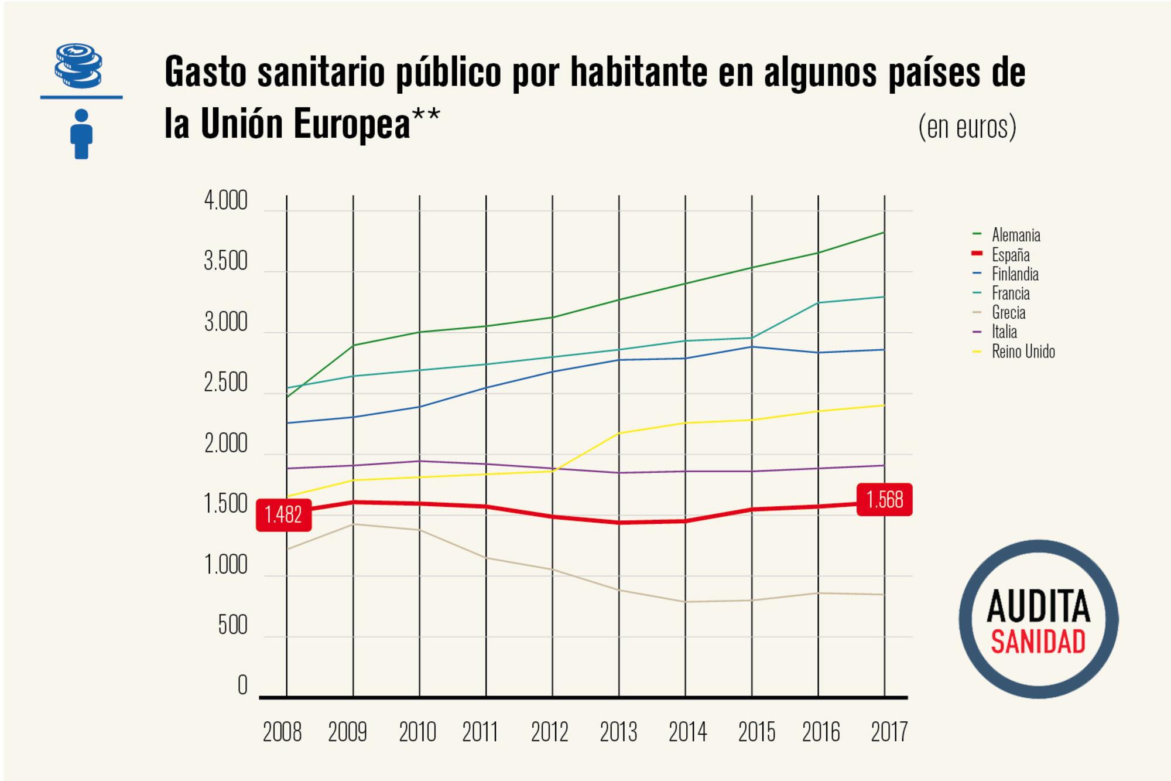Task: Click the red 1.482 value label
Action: [x=283, y=515]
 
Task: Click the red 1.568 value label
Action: [x=884, y=500]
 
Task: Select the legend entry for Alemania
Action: [x=1015, y=236]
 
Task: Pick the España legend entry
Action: [x=1010, y=255]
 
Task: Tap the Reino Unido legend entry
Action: [x=1023, y=352]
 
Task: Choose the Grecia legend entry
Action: [x=1008, y=313]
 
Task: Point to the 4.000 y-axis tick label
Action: [x=225, y=201]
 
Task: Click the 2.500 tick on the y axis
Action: [x=225, y=384]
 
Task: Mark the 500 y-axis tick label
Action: [x=232, y=626]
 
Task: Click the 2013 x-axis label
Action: [x=618, y=732]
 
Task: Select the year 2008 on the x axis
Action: [x=282, y=732]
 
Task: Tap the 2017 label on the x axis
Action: [x=889, y=732]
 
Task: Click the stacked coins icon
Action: [x=78, y=66]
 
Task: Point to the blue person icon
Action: [x=81, y=134]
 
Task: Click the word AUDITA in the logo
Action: [x=1038, y=606]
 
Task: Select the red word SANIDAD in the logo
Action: [x=1038, y=642]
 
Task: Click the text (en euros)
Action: [x=967, y=127]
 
